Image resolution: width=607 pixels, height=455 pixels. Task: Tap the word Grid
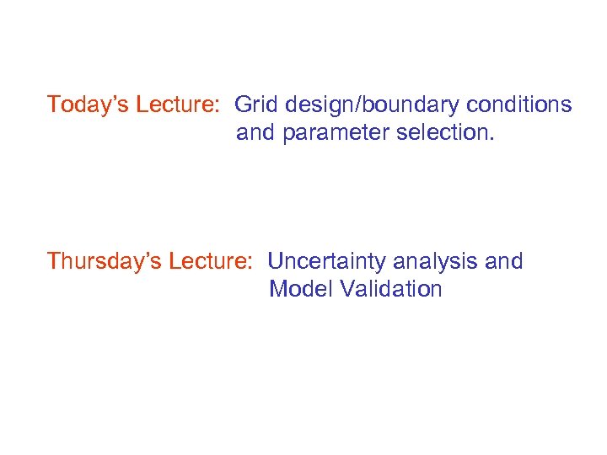pyautogui.click(x=256, y=105)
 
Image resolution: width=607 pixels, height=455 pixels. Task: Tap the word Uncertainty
pyautogui.click(x=330, y=262)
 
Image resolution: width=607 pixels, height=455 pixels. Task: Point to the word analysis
pyautogui.click(x=438, y=262)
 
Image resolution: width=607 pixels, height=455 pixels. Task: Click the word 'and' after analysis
pyautogui.click(x=504, y=262)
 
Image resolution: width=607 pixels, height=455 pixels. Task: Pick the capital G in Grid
pyautogui.click(x=243, y=105)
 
